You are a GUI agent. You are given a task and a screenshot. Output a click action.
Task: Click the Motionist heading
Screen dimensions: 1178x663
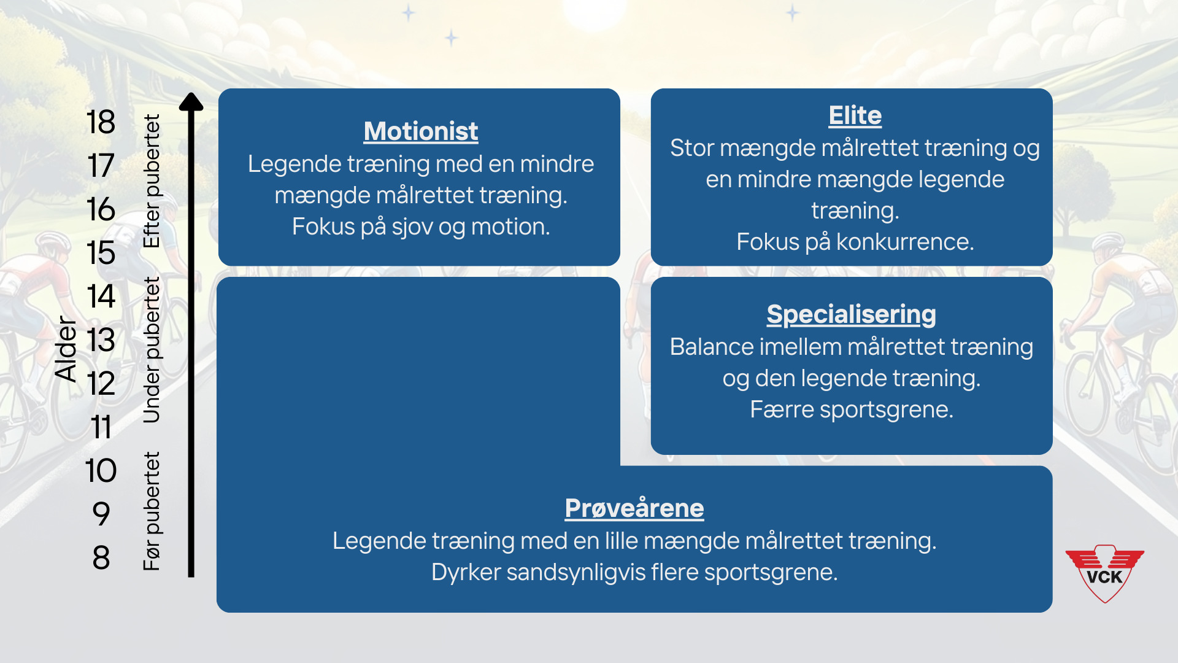[421, 131]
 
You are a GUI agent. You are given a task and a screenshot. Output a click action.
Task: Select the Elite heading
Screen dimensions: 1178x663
[855, 115]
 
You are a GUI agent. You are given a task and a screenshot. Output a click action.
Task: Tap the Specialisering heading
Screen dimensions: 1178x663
[852, 314]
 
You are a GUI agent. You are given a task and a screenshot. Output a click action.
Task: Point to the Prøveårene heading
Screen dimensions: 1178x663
[634, 508]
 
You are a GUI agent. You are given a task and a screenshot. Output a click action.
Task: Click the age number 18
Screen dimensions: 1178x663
[101, 122]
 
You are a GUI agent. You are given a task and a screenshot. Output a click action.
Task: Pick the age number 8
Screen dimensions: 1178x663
[101, 558]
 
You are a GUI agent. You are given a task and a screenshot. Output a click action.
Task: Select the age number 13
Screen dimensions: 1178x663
[101, 340]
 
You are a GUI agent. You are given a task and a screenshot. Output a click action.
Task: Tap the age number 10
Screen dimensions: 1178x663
[101, 471]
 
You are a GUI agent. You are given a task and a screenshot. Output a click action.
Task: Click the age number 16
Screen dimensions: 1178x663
[101, 209]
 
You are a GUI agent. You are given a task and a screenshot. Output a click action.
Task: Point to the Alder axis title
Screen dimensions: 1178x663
[66, 349]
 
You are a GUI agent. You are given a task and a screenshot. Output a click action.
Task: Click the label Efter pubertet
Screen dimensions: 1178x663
[152, 181]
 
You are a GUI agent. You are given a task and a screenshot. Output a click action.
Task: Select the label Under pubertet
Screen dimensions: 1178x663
[152, 350]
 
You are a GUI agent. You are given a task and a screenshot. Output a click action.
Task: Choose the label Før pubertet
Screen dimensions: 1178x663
[152, 511]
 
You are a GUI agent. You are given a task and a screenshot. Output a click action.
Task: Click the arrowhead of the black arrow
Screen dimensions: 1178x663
[191, 101]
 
